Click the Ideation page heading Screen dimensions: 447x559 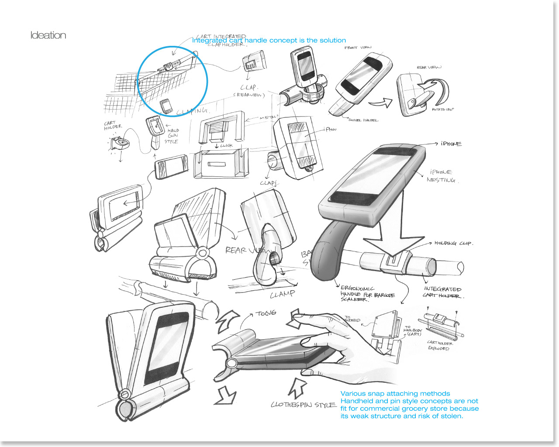click(x=48, y=35)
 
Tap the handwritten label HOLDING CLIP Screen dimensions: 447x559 click(x=453, y=243)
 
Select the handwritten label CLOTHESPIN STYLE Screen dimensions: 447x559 click(x=304, y=405)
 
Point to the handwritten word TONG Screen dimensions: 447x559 click(x=266, y=313)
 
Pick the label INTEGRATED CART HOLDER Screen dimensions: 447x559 click(x=442, y=292)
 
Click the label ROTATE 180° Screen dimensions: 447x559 click(x=443, y=110)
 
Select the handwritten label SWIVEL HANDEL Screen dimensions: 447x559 click(x=363, y=120)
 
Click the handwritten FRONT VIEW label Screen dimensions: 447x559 click(x=358, y=48)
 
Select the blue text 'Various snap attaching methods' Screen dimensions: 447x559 click(x=395, y=393)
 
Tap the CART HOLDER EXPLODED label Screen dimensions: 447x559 click(x=439, y=345)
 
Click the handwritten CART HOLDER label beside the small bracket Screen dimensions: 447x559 click(x=113, y=126)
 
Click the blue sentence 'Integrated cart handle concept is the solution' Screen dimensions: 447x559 click(x=269, y=40)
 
